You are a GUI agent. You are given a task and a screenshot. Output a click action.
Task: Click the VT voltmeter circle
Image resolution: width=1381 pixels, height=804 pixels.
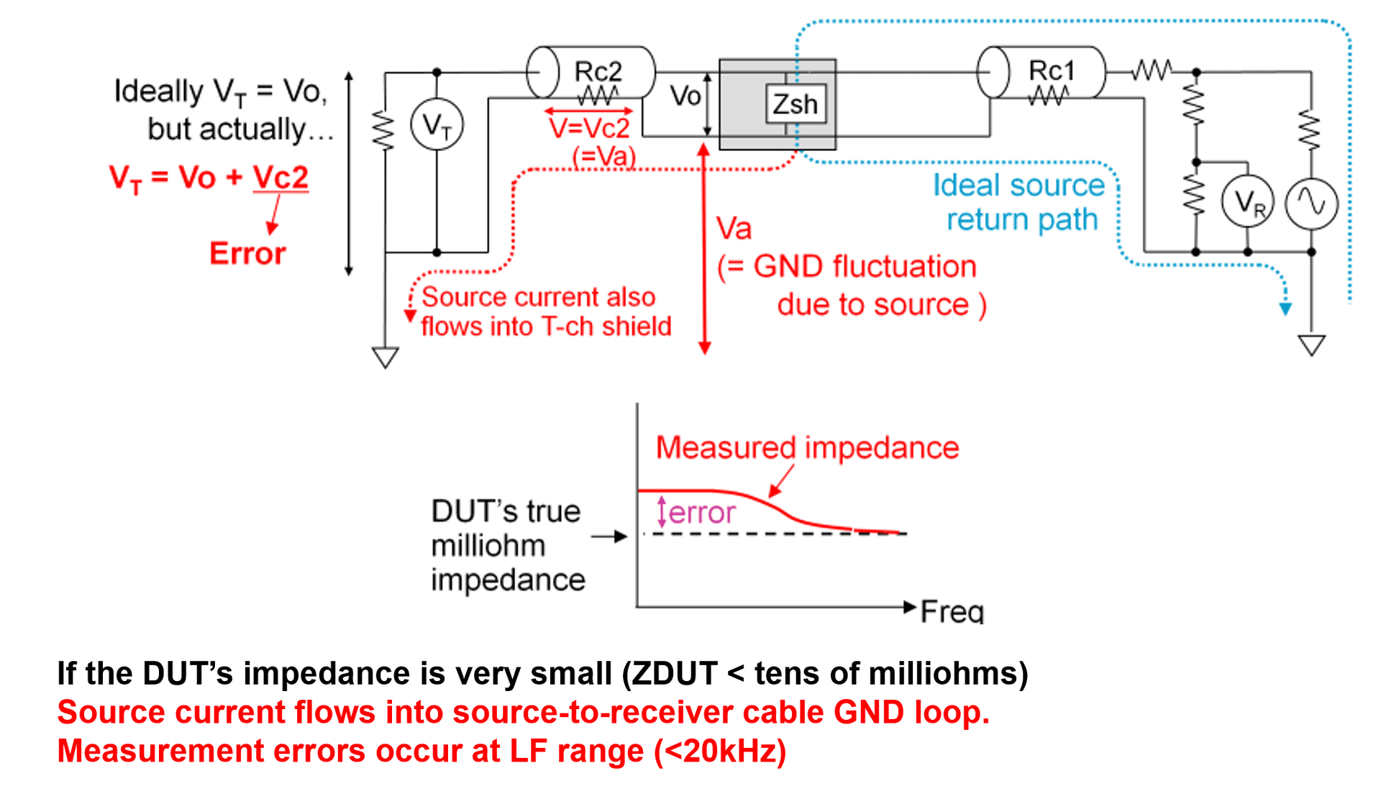click(x=437, y=125)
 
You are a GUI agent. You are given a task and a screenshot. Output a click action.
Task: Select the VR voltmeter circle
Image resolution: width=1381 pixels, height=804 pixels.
click(x=1247, y=202)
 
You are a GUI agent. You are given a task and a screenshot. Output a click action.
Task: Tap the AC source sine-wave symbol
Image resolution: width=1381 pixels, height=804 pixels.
click(x=1311, y=204)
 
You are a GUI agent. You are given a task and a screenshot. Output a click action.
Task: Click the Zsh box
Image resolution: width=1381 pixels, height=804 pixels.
click(x=796, y=104)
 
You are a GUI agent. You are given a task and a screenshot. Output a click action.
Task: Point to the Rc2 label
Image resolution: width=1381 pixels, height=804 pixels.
click(x=598, y=71)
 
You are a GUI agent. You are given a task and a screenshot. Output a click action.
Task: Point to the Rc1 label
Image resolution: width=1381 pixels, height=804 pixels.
click(x=1052, y=70)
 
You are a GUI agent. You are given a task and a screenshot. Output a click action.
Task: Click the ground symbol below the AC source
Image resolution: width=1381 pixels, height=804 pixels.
click(x=1312, y=345)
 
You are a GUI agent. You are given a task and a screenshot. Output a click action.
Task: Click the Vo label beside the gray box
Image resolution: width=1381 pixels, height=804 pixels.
click(x=685, y=96)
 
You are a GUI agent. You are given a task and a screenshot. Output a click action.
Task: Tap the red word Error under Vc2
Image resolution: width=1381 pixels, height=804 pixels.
click(x=247, y=253)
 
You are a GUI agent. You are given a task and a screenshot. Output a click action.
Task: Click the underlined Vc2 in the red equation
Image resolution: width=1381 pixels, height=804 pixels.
click(x=281, y=177)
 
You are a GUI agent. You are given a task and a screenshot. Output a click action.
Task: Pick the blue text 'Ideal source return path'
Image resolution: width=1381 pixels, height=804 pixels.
click(x=1020, y=202)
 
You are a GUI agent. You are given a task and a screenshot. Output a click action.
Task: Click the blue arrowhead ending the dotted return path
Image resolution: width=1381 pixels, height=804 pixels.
click(x=1285, y=309)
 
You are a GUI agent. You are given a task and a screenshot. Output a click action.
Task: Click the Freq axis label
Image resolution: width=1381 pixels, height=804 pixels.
click(x=952, y=611)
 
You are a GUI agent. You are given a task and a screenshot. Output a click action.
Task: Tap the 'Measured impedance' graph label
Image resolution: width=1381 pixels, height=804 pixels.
click(x=807, y=447)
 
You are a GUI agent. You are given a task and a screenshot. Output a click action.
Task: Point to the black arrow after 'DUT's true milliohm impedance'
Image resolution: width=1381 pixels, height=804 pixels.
click(x=609, y=536)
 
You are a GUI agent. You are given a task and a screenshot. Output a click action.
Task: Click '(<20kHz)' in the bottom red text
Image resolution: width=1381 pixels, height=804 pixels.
click(x=720, y=751)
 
